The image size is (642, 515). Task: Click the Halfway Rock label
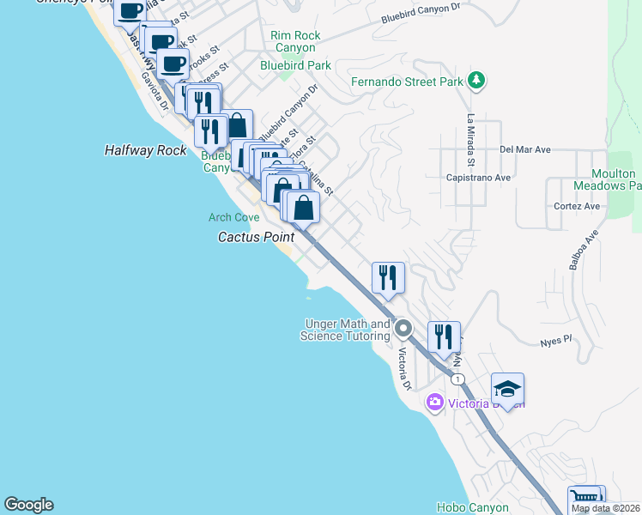click(x=145, y=150)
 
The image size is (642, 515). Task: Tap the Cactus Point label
click(x=256, y=237)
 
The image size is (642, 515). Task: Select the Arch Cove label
click(x=233, y=218)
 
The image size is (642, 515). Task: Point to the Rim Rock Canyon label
click(x=295, y=41)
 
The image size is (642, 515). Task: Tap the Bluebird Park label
click(x=295, y=65)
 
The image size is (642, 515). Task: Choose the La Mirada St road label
click(x=470, y=140)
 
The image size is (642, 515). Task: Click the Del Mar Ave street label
click(x=525, y=149)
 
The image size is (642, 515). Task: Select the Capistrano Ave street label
click(x=479, y=178)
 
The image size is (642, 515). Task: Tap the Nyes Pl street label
click(x=555, y=342)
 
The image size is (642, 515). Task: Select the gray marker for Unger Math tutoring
click(x=403, y=328)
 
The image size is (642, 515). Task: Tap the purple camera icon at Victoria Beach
click(x=435, y=402)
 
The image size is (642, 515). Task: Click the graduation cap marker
click(x=507, y=389)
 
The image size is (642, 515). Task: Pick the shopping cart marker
click(x=584, y=499)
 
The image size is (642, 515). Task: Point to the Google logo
click(x=28, y=505)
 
